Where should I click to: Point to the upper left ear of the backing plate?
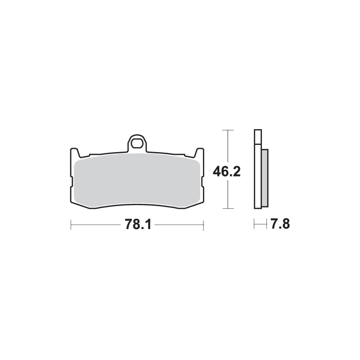point(73,152)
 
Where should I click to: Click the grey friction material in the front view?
point(137,180)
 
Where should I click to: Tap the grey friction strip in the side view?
point(265,178)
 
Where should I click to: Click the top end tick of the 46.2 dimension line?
point(229,130)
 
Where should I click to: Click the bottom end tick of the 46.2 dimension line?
point(229,208)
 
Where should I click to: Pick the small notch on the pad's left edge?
point(72,182)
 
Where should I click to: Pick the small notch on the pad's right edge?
point(203,182)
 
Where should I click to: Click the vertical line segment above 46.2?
point(229,146)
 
